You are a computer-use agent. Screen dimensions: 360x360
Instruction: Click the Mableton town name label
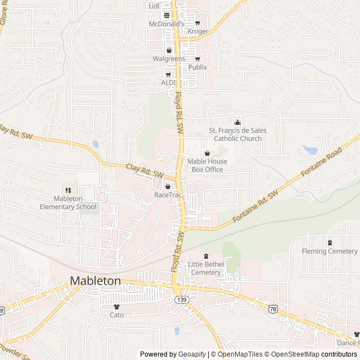click(x=95, y=281)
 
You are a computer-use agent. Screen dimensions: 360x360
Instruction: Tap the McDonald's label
click(x=166, y=24)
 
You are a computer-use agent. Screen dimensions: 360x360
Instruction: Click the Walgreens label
click(x=169, y=58)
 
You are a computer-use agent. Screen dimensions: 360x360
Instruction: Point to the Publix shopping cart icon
click(x=197, y=59)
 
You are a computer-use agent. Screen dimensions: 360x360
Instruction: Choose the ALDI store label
click(x=168, y=82)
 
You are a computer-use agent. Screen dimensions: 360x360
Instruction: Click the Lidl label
click(x=154, y=6)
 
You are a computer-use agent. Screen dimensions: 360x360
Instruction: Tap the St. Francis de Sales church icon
click(x=237, y=123)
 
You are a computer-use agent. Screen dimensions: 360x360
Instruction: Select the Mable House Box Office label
click(x=207, y=165)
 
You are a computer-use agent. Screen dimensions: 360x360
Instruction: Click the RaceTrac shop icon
click(x=168, y=186)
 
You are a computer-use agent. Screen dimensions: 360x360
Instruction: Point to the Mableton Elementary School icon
click(x=69, y=191)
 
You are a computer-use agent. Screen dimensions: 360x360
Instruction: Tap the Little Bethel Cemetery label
click(x=205, y=268)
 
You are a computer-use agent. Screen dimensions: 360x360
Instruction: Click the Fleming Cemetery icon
click(x=330, y=243)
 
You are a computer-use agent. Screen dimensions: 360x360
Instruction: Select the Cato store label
click(x=116, y=315)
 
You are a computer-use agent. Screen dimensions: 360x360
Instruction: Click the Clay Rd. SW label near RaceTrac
click(x=144, y=171)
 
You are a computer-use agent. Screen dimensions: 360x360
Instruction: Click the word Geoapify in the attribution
click(x=192, y=354)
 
